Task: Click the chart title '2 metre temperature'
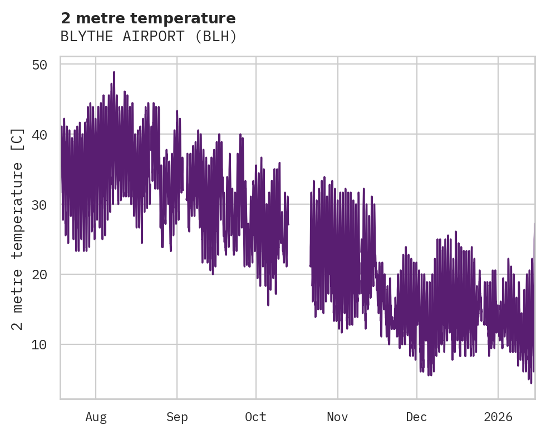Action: [x=148, y=18]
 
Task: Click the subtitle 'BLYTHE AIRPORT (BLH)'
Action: [x=149, y=37]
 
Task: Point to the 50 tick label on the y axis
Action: [x=39, y=65]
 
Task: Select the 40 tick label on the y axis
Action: [x=39, y=135]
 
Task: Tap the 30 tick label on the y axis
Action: [x=39, y=205]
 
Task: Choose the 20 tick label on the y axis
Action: [x=39, y=274]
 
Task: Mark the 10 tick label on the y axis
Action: [x=39, y=344]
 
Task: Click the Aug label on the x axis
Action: [x=96, y=417]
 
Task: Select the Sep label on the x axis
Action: [x=177, y=417]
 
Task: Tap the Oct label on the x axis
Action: [x=256, y=417]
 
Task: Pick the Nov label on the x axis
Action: [x=337, y=417]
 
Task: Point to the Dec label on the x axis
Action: [x=416, y=417]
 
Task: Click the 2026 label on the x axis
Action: [x=498, y=417]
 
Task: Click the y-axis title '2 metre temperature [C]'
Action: [x=18, y=228]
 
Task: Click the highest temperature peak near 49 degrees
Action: [x=114, y=72]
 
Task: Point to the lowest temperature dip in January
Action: [x=531, y=382]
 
